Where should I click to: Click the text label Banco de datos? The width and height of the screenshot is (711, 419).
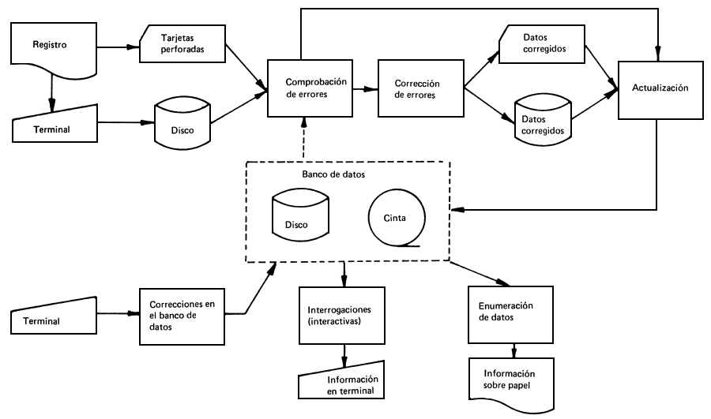click(x=327, y=174)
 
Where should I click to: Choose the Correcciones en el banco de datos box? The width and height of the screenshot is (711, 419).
click(x=182, y=316)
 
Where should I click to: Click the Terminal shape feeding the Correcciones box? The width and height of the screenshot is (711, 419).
click(x=59, y=320)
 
